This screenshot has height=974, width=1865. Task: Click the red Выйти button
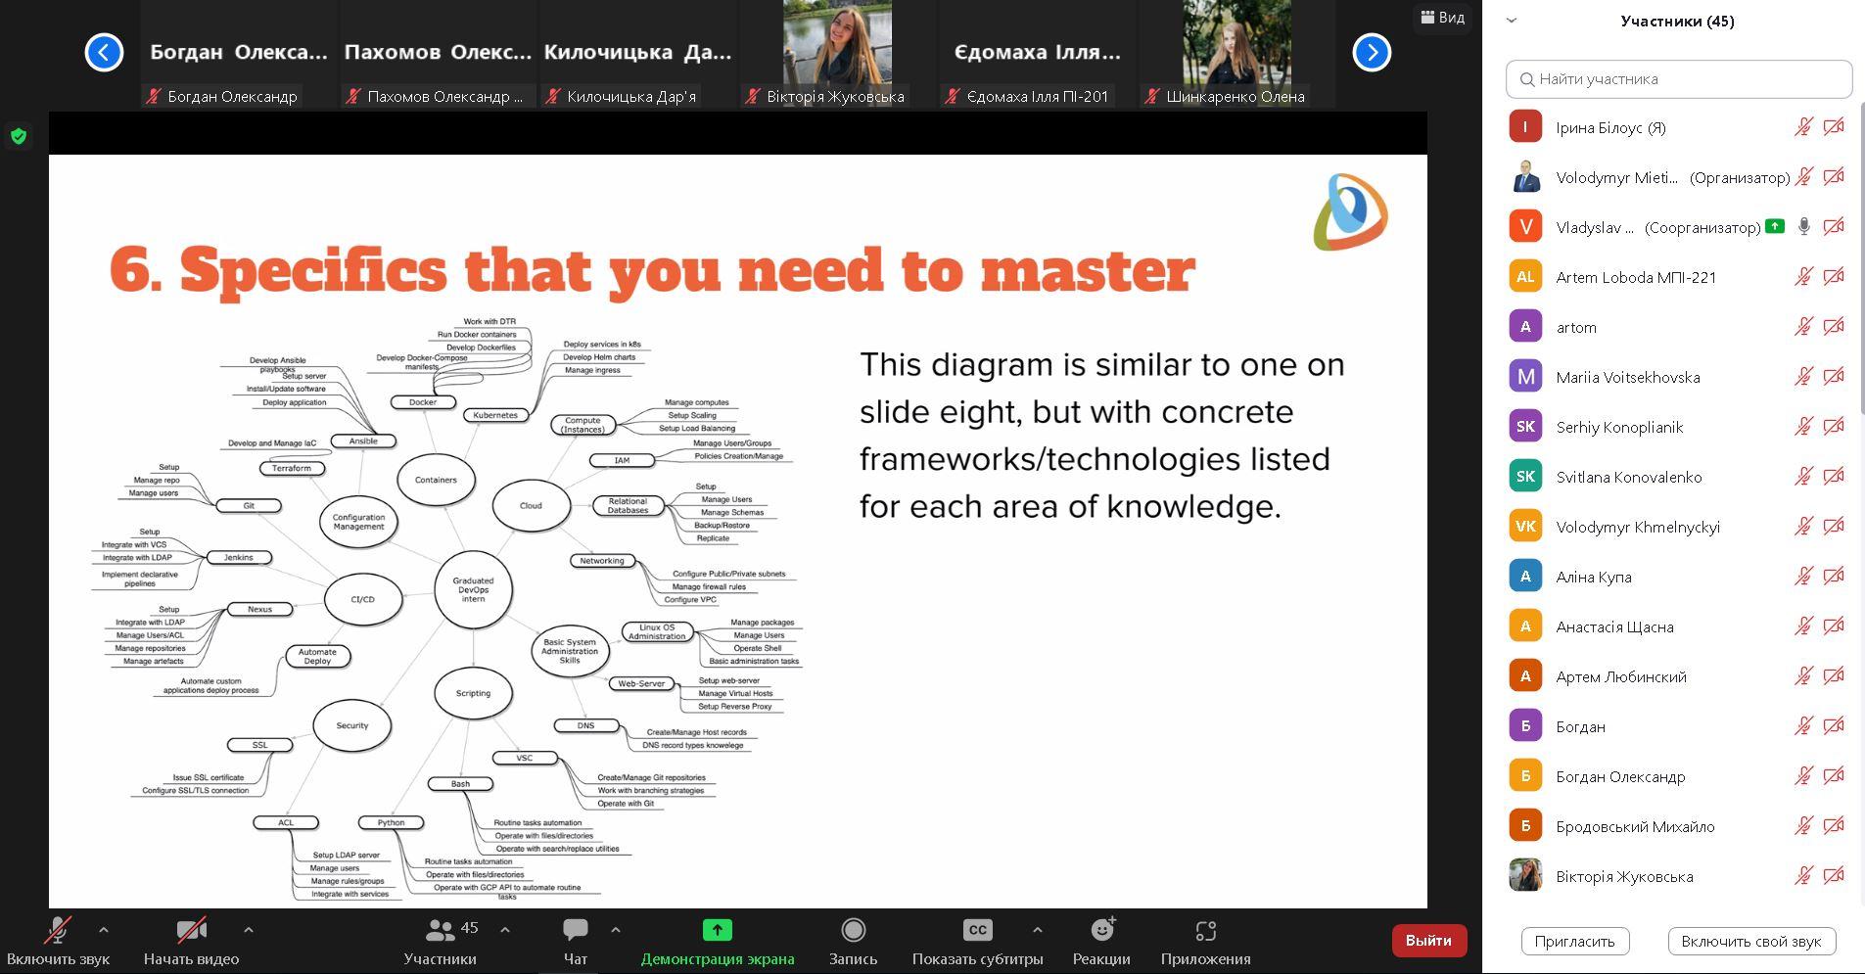click(1428, 941)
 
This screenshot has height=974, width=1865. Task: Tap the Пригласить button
click(1574, 941)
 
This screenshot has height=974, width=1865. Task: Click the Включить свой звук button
click(1750, 941)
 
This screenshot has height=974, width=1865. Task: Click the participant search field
click(1678, 79)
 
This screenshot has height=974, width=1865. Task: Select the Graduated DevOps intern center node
click(473, 589)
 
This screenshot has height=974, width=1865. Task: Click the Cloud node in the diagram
click(531, 505)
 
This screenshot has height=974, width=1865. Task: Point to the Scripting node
click(473, 693)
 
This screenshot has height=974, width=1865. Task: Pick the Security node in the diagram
click(352, 725)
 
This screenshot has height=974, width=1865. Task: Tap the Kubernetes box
click(495, 415)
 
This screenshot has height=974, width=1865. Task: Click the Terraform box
click(292, 468)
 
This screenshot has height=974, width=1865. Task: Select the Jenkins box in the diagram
click(239, 558)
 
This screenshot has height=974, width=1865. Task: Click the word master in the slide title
click(1088, 270)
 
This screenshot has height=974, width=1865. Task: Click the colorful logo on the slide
click(1350, 211)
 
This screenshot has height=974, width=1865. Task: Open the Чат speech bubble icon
click(576, 930)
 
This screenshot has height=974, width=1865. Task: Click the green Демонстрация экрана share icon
click(717, 930)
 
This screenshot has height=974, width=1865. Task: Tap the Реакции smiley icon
click(1102, 929)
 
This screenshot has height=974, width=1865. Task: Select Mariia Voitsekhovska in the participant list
click(1628, 377)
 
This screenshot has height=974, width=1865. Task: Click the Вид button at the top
click(1443, 18)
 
